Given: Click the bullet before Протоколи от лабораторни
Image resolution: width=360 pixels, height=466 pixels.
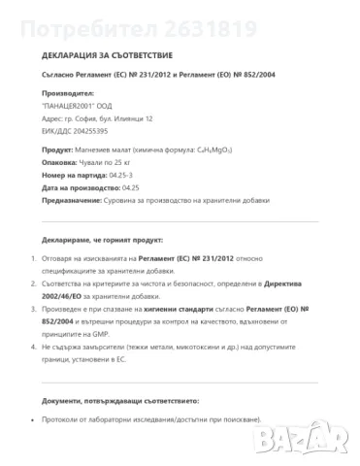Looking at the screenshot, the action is coord(35,419).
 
